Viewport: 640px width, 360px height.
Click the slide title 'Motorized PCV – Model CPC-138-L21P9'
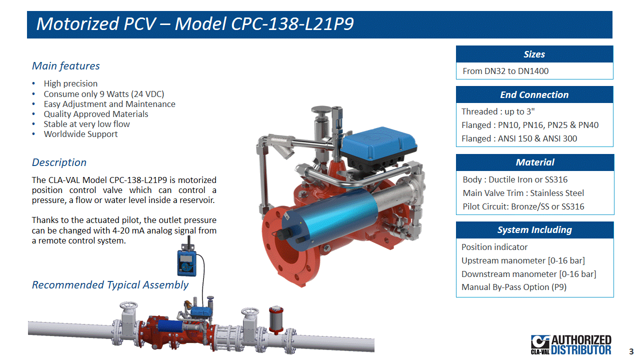pos(195,23)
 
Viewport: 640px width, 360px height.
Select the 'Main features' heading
pos(65,66)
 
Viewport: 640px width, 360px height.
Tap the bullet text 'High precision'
pos(70,83)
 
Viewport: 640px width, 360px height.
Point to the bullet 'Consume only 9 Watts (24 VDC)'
pos(104,94)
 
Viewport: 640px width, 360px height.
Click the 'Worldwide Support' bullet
pos(80,134)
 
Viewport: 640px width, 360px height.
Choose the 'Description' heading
pos(59,162)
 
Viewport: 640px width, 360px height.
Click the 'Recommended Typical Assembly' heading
pos(110,285)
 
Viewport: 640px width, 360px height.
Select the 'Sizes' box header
pos(534,54)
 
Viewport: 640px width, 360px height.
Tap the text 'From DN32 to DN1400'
pos(505,71)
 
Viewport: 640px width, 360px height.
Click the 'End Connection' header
pos(534,94)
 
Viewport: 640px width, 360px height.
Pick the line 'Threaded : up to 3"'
pos(498,111)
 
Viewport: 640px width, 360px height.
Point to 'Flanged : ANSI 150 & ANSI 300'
pos(519,138)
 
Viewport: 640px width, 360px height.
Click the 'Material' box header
pos(535,162)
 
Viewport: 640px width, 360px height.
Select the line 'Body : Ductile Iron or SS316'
pos(515,179)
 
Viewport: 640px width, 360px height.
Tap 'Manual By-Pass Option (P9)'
pos(514,287)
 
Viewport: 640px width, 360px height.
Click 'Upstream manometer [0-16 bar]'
pos(523,260)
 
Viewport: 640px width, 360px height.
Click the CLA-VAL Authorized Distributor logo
pos(571,344)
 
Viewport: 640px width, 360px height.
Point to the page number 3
pos(631,351)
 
